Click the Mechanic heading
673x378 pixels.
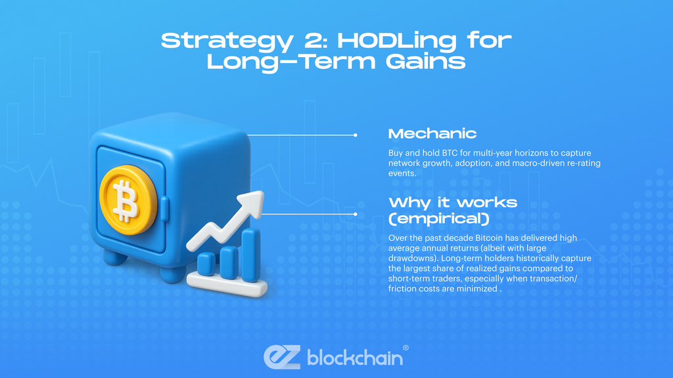(432, 134)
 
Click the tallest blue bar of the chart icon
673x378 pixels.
(251, 255)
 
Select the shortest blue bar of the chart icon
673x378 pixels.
(206, 264)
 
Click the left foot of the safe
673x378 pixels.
(116, 257)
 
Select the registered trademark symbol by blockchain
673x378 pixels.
(405, 348)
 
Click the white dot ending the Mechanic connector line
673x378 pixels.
(355, 135)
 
